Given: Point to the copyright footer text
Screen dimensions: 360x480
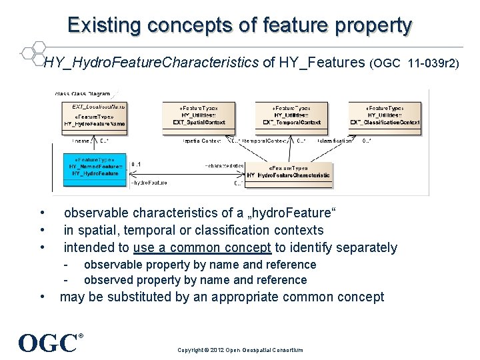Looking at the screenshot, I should coord(240,349).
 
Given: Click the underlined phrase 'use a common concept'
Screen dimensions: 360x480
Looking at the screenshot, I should coord(202,247).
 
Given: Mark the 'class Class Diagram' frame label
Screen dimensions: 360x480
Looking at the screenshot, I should coord(83,93).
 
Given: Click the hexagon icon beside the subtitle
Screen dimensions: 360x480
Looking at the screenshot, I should coord(31,53).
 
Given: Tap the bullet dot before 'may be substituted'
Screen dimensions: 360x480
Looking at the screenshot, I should coord(43,297).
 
